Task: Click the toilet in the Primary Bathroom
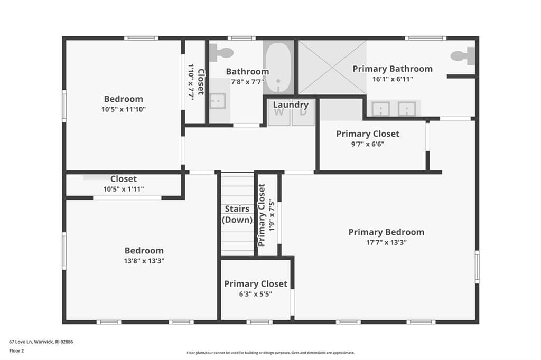click(463, 56)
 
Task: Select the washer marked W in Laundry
click(279, 112)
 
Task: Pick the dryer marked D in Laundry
click(303, 112)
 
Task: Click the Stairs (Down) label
click(237, 214)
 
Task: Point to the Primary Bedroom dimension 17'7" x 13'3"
click(386, 242)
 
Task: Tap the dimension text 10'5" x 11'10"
click(124, 109)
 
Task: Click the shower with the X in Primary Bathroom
click(332, 68)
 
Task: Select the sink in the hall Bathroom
click(218, 101)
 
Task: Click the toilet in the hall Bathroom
click(221, 53)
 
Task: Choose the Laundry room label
click(291, 105)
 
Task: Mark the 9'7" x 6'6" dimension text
click(368, 144)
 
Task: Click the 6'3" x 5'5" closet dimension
click(256, 294)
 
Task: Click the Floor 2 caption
click(16, 350)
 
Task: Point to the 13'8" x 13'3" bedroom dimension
click(144, 261)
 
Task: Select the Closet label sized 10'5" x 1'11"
click(124, 179)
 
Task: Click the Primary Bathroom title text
click(393, 69)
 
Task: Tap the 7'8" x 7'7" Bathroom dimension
click(247, 82)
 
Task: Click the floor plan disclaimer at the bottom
click(270, 353)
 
